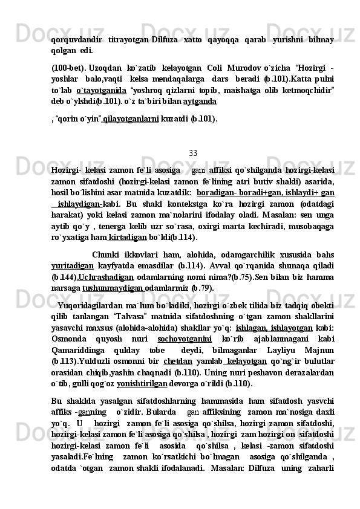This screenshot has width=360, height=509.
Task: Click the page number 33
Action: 193,152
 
